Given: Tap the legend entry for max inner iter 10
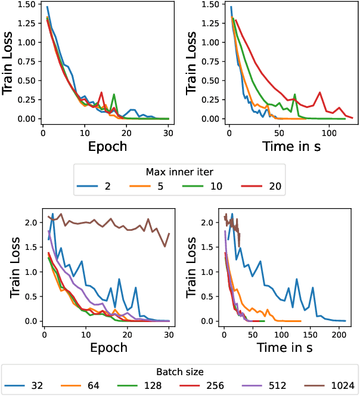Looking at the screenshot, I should [x=206, y=187].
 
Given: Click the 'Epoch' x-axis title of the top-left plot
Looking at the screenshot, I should [x=107, y=146].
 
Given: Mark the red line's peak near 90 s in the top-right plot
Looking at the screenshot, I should [x=320, y=92].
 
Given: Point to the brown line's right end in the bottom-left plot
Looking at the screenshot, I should [x=169, y=233].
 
